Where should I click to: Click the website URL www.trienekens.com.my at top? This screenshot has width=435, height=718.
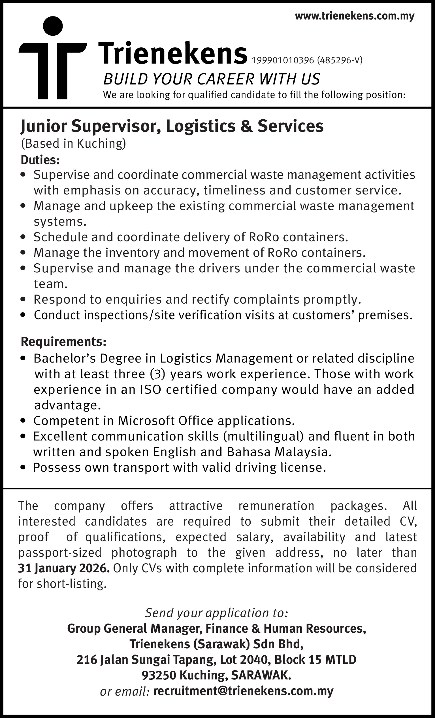tap(354, 16)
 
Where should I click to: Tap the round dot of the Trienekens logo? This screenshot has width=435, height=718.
tap(53, 26)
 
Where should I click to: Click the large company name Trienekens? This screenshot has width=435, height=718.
tap(173, 53)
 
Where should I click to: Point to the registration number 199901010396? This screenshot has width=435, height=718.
tap(283, 60)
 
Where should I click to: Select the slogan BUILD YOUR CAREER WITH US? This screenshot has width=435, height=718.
tap(212, 79)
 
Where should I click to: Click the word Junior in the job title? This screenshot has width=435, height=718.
tap(43, 126)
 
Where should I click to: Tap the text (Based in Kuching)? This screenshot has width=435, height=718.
tap(73, 143)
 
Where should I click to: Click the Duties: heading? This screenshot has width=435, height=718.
tap(40, 160)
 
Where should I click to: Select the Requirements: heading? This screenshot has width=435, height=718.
tap(63, 342)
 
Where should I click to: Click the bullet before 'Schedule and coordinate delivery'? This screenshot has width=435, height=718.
tap(24, 238)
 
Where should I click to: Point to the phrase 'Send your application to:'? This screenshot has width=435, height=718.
tap(217, 613)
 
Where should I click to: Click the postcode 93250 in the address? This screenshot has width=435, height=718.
tap(159, 675)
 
